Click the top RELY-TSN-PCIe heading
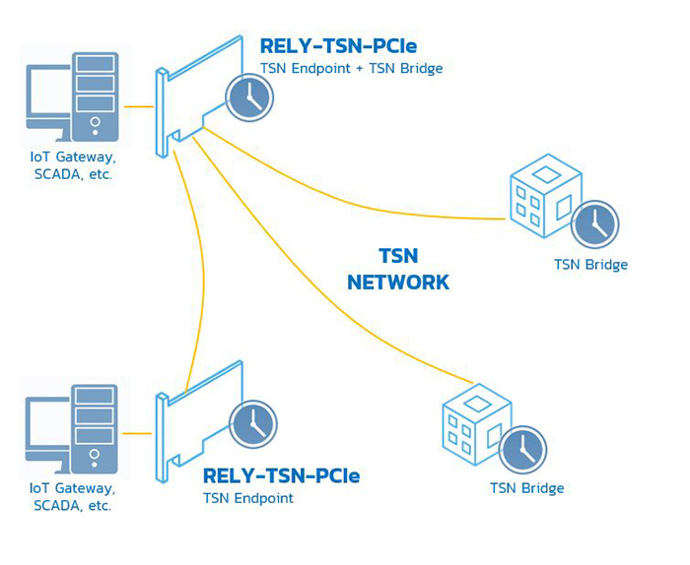(337, 45)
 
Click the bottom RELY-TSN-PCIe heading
(281, 476)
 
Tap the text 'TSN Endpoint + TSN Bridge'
(351, 69)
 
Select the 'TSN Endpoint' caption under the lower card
(248, 499)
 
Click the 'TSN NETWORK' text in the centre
(398, 269)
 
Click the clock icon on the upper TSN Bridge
(595, 223)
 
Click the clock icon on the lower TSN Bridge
(522, 450)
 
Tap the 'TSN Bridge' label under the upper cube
(590, 265)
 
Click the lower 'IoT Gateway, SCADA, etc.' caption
(73, 497)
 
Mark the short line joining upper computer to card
(139, 105)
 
